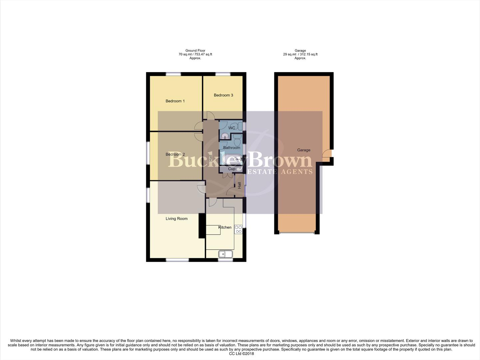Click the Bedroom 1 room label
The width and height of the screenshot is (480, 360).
[175, 101]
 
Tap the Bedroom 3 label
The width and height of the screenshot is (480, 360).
[223, 95]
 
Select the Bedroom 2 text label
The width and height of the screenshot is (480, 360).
[175, 154]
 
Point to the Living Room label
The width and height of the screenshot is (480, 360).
[177, 219]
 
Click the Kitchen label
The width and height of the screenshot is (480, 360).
[225, 227]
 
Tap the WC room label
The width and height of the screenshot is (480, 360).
[232, 128]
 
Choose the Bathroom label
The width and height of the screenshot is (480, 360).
[232, 148]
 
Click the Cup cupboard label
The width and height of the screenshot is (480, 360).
[232, 169]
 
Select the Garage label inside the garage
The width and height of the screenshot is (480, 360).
[303, 150]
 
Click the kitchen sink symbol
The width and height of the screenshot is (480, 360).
[226, 254]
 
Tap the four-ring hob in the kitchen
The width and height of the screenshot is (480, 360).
[238, 229]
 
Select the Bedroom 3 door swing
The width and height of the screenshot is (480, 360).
[211, 115]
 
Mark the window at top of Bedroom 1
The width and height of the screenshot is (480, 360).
[174, 74]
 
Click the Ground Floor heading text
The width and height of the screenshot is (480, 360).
[195, 51]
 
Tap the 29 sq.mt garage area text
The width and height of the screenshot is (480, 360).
[300, 54]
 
